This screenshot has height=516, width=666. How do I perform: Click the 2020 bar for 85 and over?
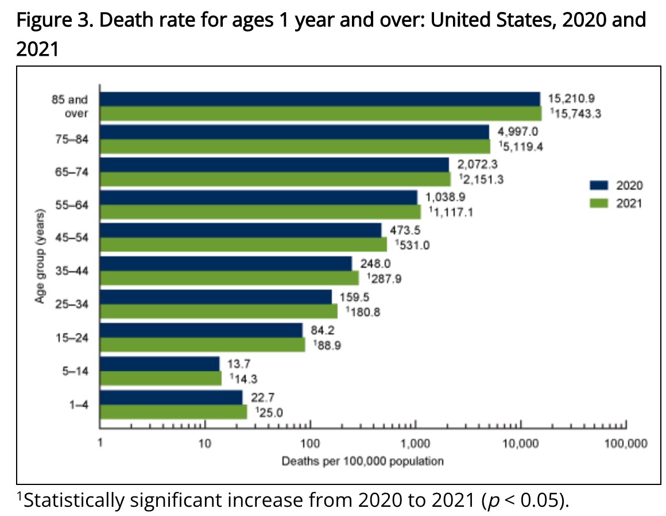click(320, 99)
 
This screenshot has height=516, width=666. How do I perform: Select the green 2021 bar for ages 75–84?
click(295, 146)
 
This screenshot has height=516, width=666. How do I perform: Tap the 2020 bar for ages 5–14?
click(160, 363)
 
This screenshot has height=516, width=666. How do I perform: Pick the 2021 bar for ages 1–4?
click(173, 411)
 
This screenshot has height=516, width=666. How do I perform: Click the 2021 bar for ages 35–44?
click(230, 278)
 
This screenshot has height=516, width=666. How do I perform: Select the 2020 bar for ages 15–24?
click(201, 330)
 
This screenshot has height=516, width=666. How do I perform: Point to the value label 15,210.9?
click(571, 98)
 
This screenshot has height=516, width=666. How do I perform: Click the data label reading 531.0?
click(412, 246)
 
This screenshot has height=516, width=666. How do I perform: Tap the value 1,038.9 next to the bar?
click(446, 197)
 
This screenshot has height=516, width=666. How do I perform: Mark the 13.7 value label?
click(240, 363)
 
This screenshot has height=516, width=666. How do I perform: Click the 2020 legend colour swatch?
click(598, 186)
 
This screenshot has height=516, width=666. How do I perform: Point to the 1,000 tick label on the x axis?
click(415, 444)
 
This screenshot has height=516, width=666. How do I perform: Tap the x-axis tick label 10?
click(204, 444)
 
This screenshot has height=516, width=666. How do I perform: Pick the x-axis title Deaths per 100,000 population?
click(362, 461)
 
